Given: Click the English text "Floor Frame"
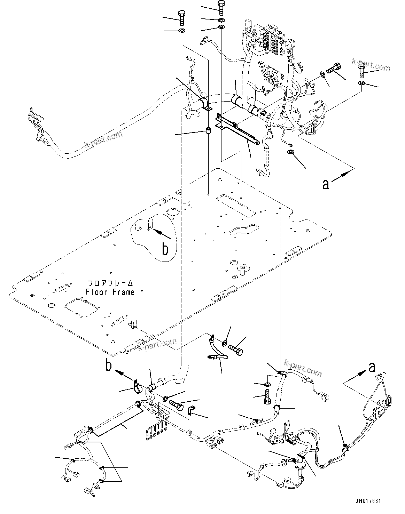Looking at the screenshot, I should [x=110, y=292].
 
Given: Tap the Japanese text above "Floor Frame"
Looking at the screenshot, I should [x=110, y=283].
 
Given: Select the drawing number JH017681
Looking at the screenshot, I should [x=368, y=501].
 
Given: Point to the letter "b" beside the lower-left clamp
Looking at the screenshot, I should [x=109, y=366].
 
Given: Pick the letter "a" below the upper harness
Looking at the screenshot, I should [x=326, y=185].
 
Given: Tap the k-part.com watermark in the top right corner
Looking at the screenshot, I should [x=371, y=64].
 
